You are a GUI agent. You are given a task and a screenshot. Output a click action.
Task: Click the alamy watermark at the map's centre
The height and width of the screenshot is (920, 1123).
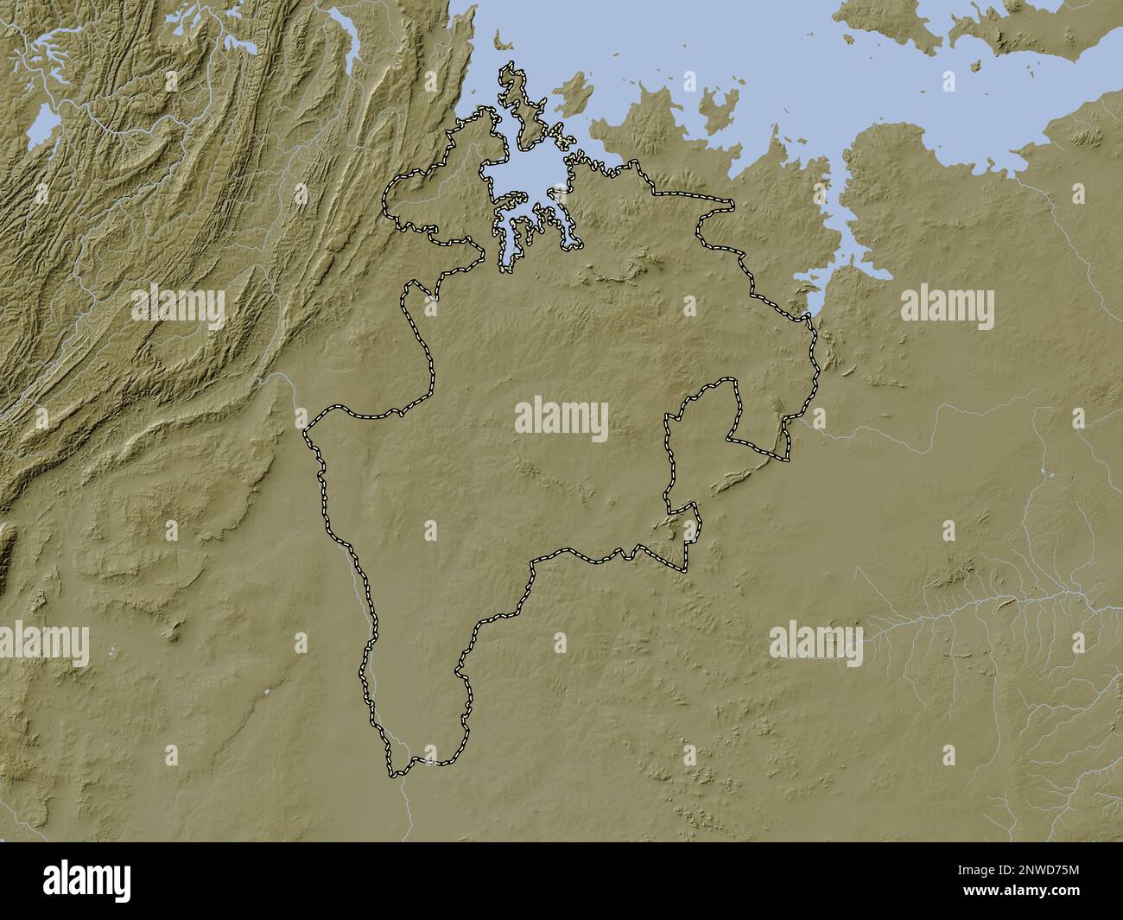pyautogui.click(x=561, y=419)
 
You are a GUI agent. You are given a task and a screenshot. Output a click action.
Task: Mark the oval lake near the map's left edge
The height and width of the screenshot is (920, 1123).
pyautogui.click(x=43, y=130)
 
